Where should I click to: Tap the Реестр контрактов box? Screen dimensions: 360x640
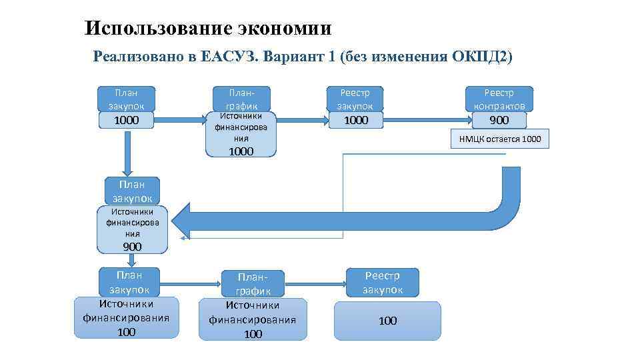tap(499, 99)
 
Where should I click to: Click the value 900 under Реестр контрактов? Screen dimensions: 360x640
tap(499, 120)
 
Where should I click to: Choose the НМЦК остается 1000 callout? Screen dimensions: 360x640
tap(500, 139)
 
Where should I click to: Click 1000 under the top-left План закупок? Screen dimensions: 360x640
tap(127, 120)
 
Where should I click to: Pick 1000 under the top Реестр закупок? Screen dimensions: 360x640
tap(355, 120)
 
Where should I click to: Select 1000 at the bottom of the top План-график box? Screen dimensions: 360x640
tap(241, 151)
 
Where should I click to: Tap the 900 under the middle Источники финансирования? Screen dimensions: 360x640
tap(133, 247)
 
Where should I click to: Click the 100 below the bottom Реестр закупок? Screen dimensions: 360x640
tap(387, 321)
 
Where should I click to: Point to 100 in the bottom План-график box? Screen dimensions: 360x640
tap(253, 334)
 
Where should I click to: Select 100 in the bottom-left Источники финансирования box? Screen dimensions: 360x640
tap(126, 331)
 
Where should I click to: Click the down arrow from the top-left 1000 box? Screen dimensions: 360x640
tap(127, 153)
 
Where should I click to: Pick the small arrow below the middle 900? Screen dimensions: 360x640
tap(132, 261)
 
